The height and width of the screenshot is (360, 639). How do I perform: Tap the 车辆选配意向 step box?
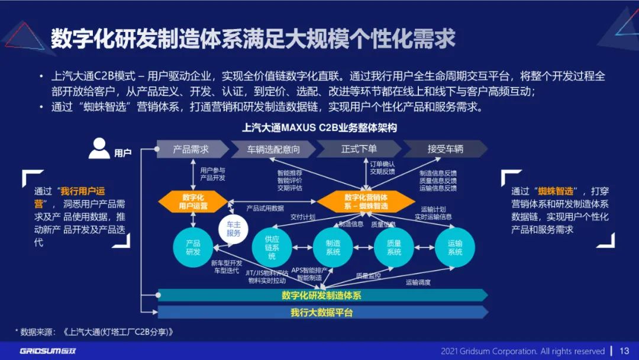(x=273, y=149)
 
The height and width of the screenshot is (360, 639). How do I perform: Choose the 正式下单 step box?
(x=359, y=149)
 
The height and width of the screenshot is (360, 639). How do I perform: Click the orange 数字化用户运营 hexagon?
(x=193, y=202)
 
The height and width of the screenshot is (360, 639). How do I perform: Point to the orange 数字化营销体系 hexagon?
(x=366, y=201)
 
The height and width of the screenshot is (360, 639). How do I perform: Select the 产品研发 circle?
(x=193, y=247)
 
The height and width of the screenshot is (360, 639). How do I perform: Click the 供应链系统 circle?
(x=272, y=247)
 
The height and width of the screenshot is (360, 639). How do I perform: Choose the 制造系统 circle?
(x=333, y=247)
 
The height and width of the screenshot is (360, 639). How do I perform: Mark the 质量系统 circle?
(x=394, y=247)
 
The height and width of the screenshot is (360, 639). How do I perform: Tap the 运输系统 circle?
(x=455, y=247)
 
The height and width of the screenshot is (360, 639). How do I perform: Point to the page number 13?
(x=625, y=351)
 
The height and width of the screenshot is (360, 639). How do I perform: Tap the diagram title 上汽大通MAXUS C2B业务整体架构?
(x=319, y=127)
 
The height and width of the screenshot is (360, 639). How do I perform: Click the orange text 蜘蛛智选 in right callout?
(x=556, y=191)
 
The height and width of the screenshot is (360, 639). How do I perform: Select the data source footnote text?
(x=95, y=332)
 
